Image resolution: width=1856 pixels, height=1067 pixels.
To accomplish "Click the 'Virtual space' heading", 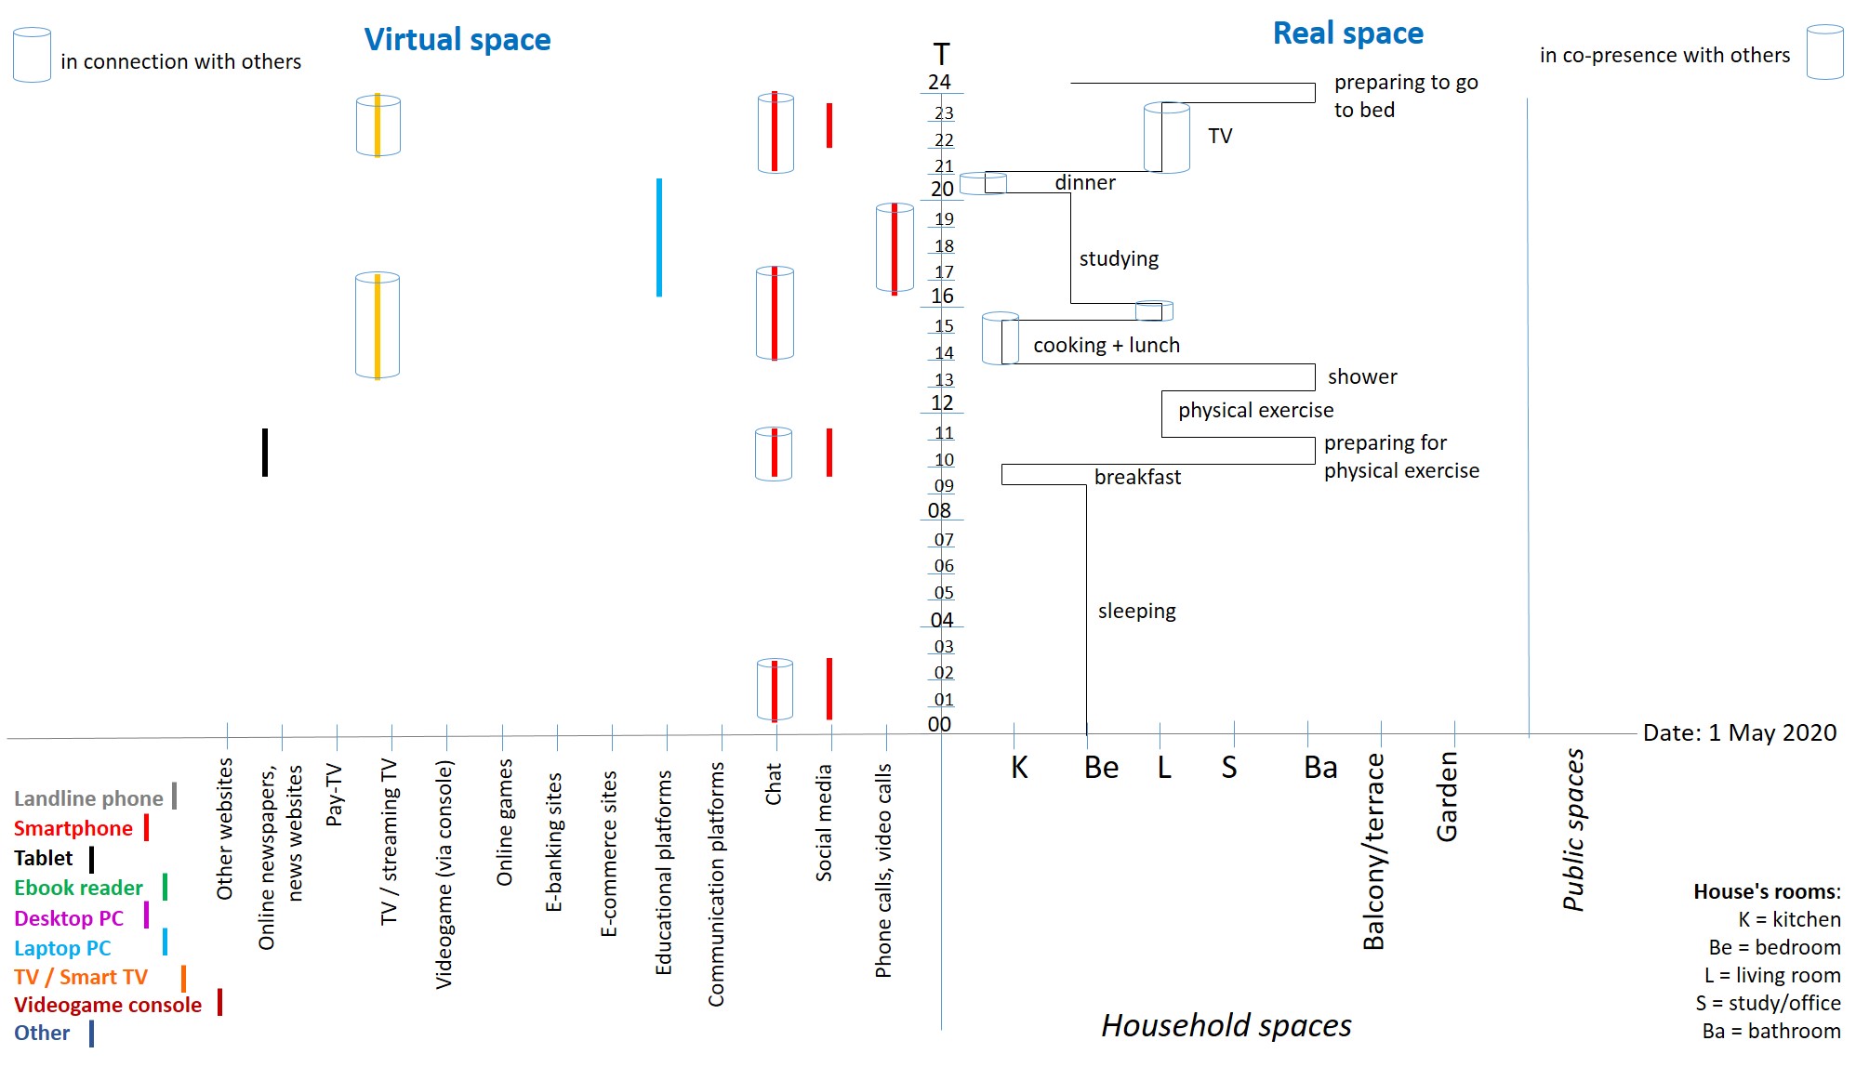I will pos(457,39).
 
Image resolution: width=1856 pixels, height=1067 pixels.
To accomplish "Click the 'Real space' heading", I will pos(1347,33).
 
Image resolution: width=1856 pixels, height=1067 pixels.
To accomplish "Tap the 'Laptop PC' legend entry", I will pos(62,948).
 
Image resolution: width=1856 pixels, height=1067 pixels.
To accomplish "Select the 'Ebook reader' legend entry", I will pos(78,888).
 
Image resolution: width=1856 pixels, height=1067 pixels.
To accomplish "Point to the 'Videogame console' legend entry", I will pos(108,1005).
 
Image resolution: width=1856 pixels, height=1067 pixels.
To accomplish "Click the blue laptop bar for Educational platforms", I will pos(659,237).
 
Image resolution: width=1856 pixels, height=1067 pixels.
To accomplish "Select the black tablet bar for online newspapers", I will pos(265,452).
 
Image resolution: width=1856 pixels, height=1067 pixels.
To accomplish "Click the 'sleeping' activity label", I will pos(1136,611).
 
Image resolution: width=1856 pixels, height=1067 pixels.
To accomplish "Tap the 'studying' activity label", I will pos(1119,258).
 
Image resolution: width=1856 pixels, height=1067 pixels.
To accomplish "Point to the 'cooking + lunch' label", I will pos(1106,345).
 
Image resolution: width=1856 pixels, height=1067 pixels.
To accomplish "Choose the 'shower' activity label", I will pos(1362,376).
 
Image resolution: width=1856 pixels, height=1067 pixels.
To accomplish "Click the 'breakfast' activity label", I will pos(1137,477).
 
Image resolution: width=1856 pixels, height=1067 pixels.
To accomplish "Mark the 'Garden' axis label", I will pos(1447,797).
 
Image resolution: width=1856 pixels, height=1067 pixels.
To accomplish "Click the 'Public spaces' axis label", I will pos(1573,829).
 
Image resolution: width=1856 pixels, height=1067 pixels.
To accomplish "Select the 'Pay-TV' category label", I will pos(335,795).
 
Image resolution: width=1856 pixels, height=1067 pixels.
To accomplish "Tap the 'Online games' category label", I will pos(504,823).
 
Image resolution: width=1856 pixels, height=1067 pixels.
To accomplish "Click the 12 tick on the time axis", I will pos(942,402).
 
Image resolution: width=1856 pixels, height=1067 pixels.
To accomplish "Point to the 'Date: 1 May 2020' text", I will pos(1739,732).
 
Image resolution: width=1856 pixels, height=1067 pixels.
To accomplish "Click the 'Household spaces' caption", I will pos(1226,1025).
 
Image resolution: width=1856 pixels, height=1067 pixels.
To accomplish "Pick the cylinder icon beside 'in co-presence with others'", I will pos(1824,52).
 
